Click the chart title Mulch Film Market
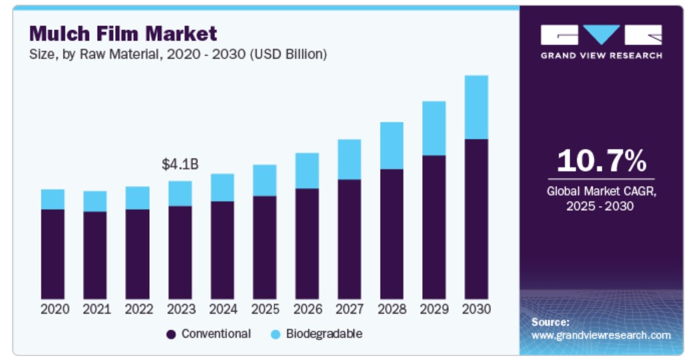pos(123,33)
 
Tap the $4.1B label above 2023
pos(181,165)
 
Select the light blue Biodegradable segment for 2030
pos(476,107)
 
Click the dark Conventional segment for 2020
pos(53,254)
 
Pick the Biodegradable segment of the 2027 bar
pos(349,159)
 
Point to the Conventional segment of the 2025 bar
pos(265,247)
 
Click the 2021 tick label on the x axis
pos(95,310)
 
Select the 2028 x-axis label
pos(391,310)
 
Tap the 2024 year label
pos(222,310)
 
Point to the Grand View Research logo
pos(601,42)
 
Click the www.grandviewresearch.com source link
pos(601,335)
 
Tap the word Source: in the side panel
pos(551,322)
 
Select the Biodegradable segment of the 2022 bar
pos(138,198)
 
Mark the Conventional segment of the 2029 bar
pos(434,227)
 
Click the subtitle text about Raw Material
pos(177,55)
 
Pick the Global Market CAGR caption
pos(601,199)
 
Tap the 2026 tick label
pos(307,310)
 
